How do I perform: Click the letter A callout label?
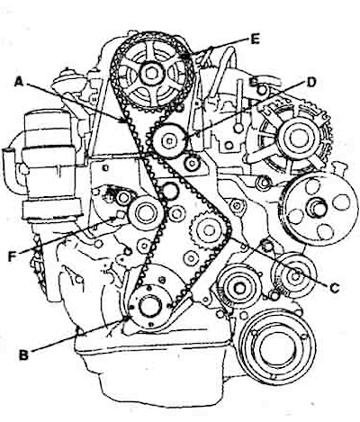coord(19,81)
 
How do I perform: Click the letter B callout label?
coord(23,355)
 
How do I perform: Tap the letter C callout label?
coord(335,288)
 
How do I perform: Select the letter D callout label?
coord(311,82)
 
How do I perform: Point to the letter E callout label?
coord(255,40)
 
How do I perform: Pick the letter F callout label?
coord(13,256)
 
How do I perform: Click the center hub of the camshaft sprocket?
coord(151,73)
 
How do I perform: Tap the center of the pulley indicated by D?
coord(169,140)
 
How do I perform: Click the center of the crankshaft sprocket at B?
coord(150,306)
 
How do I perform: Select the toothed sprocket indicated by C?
coord(209,230)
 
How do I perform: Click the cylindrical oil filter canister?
coord(51,164)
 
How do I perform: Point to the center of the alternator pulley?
coord(299,138)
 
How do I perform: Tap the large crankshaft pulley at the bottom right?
coord(277,346)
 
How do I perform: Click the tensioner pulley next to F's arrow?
coord(146,212)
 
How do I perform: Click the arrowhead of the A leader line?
coord(124,121)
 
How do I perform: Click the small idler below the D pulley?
coord(192,163)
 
